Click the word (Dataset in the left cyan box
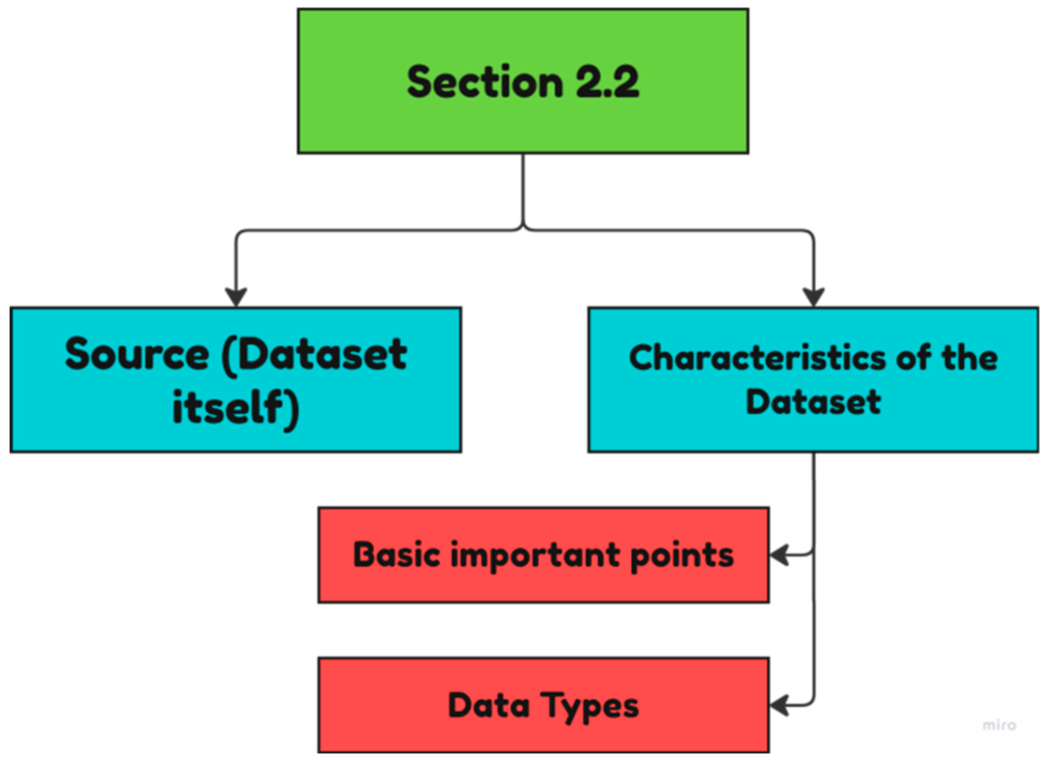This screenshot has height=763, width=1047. tap(314, 354)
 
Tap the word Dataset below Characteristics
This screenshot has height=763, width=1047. tap(813, 402)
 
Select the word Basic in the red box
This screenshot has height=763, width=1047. tap(396, 555)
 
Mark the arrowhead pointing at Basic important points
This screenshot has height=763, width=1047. tap(779, 555)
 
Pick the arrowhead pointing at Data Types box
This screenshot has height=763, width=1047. tap(779, 706)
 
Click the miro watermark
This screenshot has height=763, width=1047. tap(999, 725)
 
